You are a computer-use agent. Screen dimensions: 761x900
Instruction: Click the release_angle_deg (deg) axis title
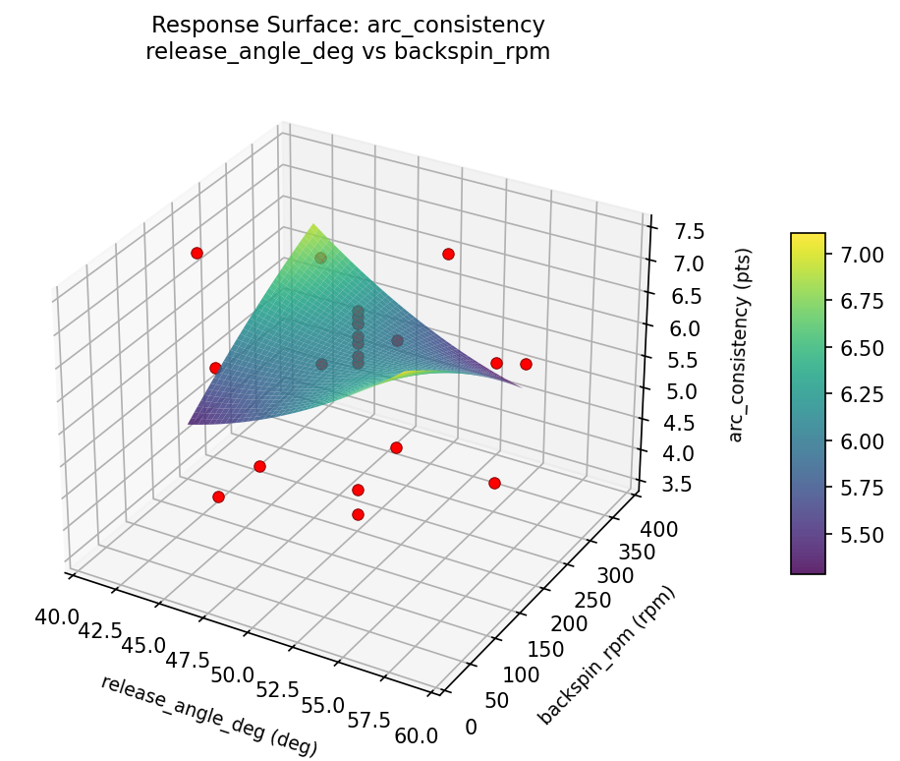tap(208, 716)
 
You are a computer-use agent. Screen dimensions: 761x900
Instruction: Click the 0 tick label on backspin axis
tap(472, 726)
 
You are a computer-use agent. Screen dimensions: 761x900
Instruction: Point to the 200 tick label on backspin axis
tap(569, 623)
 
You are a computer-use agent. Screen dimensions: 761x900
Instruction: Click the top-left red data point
tap(197, 253)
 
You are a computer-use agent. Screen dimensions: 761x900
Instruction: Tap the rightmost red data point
tap(526, 364)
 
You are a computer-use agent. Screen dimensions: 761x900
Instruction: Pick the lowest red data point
tap(358, 514)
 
